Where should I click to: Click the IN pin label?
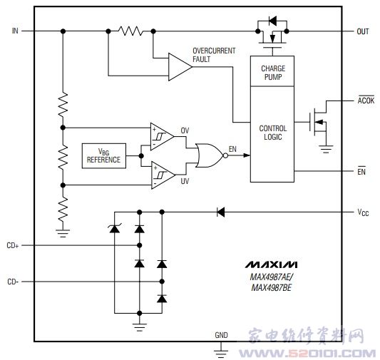pos(15,31)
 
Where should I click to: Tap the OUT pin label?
pos(363,31)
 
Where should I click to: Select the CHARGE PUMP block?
pos(272,71)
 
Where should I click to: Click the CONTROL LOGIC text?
pos(273,133)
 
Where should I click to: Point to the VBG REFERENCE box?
pos(104,156)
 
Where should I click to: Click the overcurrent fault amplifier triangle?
pos(180,66)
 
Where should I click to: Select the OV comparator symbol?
pos(162,137)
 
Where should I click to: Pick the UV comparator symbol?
pos(163,175)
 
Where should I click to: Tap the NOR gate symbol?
pos(211,155)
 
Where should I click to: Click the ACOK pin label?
pos(366,101)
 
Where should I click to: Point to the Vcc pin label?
pos(363,212)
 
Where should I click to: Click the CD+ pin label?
pos(13,245)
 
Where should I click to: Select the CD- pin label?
pos(13,282)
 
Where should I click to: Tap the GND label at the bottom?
pos(221,335)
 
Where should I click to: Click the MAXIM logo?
pos(271,264)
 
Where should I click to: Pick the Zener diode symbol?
pos(115,229)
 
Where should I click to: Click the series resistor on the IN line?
pos(130,31)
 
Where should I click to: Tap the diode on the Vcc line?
pos(221,212)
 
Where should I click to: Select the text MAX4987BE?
pos(272,287)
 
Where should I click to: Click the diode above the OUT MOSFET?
pos(272,21)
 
